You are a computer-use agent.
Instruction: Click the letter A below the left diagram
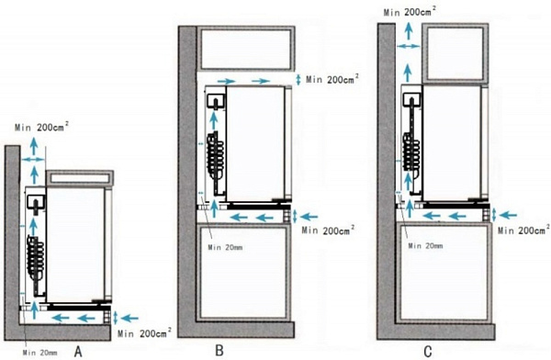coord(78,351)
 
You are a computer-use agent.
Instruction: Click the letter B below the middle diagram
coord(219,350)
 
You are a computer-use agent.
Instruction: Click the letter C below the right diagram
coord(428,351)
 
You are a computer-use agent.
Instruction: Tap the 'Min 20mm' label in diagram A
coord(39,353)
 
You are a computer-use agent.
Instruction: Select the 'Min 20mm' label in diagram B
coord(225,247)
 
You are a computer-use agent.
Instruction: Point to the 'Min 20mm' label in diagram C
coord(425,246)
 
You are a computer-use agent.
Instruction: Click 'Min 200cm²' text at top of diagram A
coord(41,127)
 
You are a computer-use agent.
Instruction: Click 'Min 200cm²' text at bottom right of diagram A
coord(144,332)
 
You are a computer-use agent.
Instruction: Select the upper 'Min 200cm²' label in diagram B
coord(332,79)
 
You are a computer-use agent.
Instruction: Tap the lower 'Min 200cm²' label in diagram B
coord(328,231)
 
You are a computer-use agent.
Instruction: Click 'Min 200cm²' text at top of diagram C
coord(410,12)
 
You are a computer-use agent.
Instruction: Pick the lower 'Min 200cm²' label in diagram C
coord(524,231)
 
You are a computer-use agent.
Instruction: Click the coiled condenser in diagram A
coord(36,253)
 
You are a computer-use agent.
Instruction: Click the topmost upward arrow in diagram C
coord(408,30)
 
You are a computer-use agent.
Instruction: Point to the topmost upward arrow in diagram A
coord(34,146)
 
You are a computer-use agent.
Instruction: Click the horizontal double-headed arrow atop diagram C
coord(409,46)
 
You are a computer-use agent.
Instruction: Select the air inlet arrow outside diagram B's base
coord(309,217)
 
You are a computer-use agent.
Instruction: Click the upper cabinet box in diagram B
coord(245,49)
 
